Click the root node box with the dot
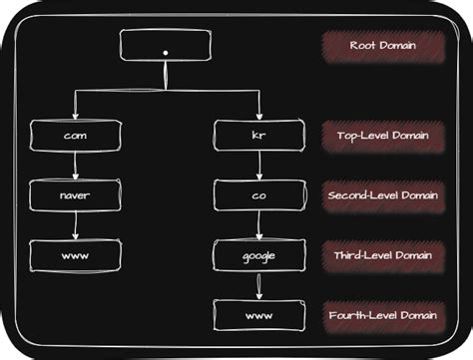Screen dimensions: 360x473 [x=165, y=46]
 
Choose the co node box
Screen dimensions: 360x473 [x=258, y=194]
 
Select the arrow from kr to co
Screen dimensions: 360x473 [x=258, y=165]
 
